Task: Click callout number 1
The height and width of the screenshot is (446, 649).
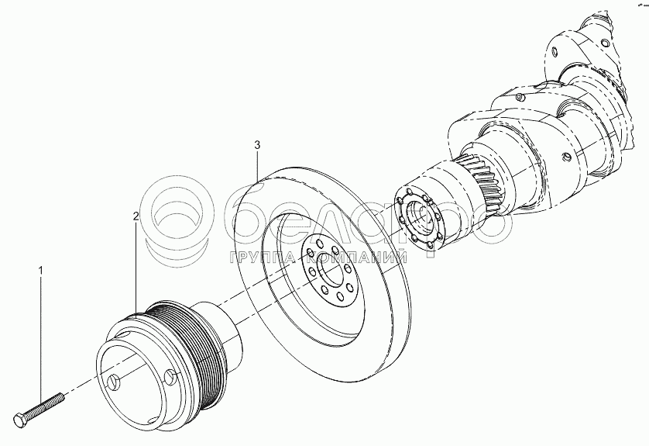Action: point(42,269)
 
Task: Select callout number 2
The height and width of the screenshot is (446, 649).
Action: point(136,216)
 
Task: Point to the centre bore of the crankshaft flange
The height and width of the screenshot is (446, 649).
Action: point(425,214)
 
